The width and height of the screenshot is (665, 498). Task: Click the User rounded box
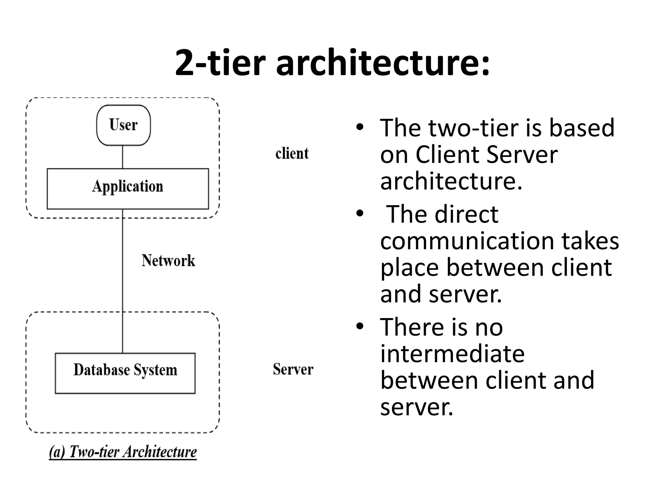[x=123, y=125]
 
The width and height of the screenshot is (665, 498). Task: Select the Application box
[x=128, y=188]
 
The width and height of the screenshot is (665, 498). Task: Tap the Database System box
[x=125, y=373]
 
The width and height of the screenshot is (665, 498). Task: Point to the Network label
[x=168, y=260]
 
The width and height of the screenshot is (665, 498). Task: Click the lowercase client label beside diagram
[x=292, y=153]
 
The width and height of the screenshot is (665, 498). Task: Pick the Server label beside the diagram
[x=293, y=369]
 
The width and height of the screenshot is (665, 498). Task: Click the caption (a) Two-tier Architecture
[x=123, y=452]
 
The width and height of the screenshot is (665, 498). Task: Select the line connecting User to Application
[x=122, y=157]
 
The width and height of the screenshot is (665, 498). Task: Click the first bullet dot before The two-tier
[x=359, y=127]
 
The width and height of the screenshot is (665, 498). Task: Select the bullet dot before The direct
[x=359, y=214]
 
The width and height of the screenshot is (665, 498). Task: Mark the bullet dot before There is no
[x=359, y=326]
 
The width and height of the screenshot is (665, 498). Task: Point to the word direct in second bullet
[x=466, y=215]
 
